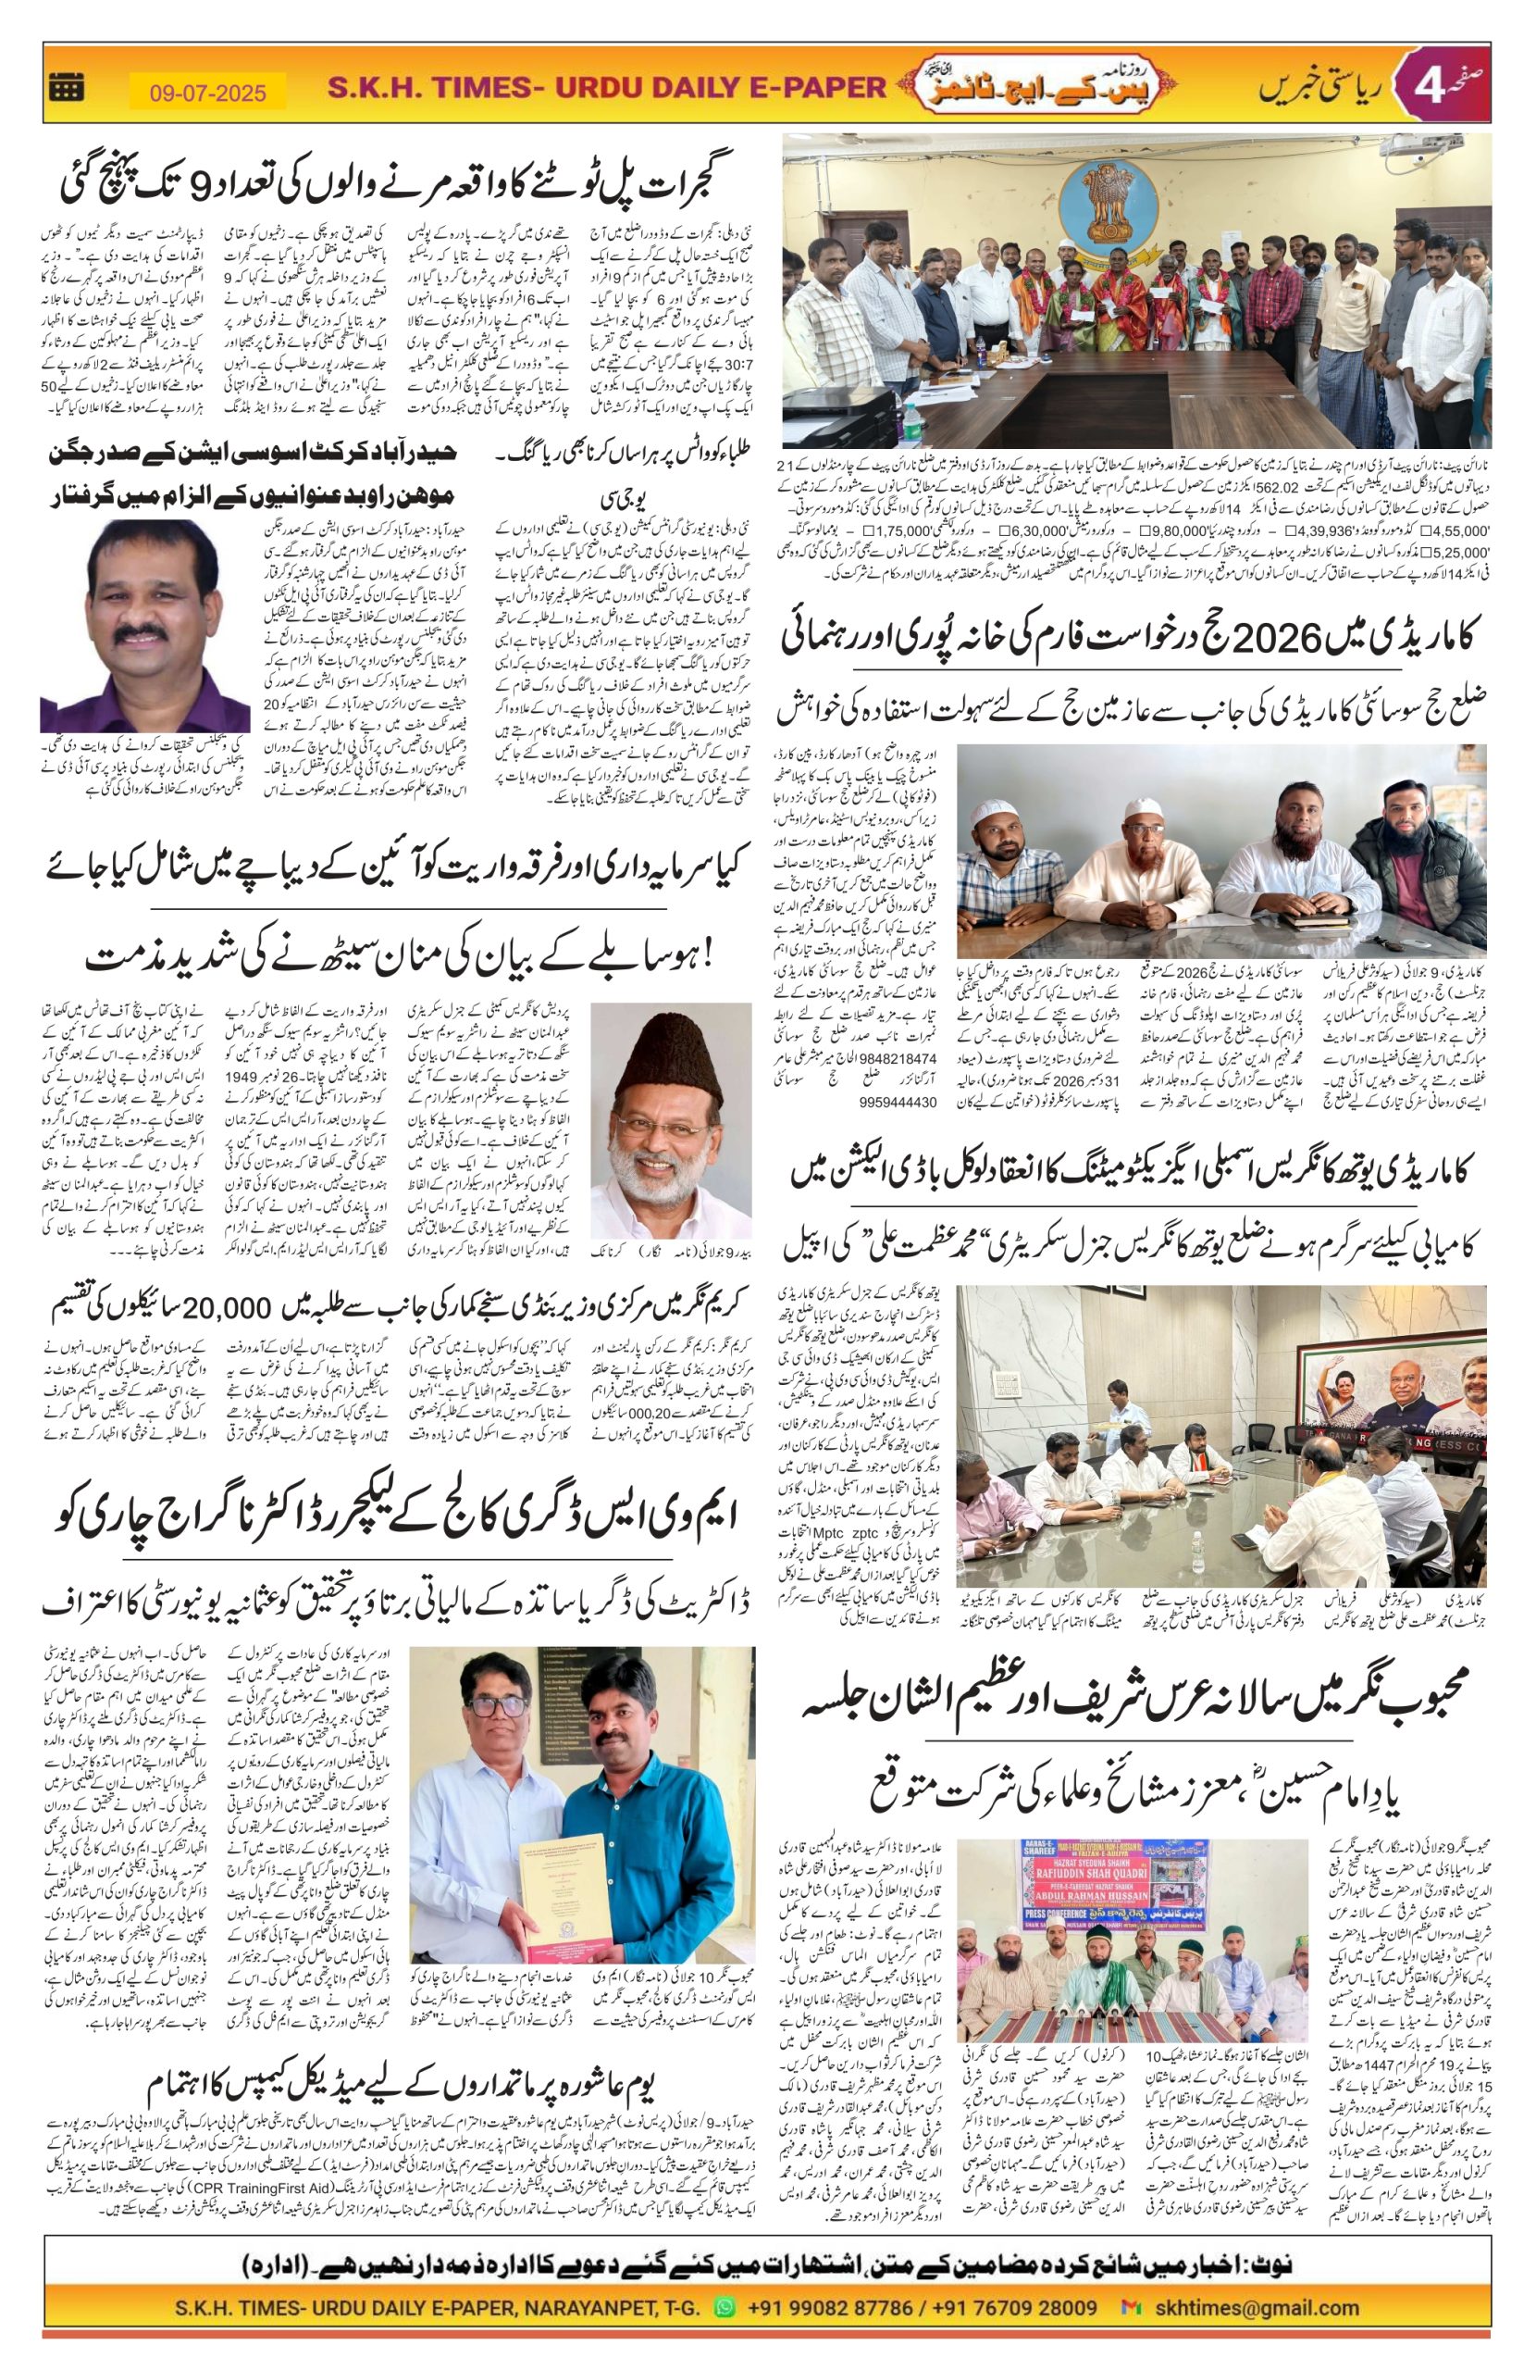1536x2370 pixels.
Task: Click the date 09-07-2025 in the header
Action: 208,93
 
